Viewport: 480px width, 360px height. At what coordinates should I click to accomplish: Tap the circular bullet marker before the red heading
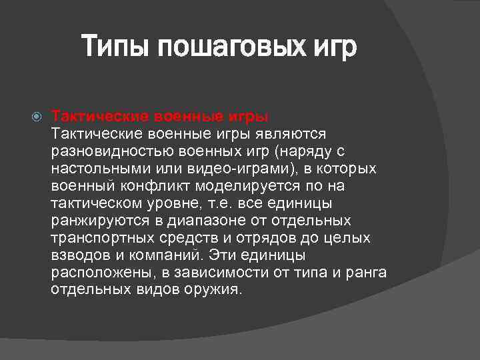[x=37, y=117]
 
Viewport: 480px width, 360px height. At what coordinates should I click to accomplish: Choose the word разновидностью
[x=110, y=151]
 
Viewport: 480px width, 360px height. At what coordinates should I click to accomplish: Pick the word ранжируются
[x=91, y=221]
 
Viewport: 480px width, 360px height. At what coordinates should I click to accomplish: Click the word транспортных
[x=97, y=238]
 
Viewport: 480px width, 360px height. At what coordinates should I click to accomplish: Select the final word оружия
[x=215, y=290]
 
